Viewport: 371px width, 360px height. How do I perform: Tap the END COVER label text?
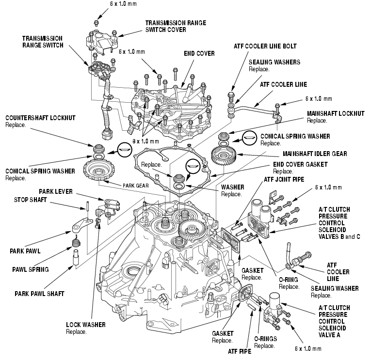(x=199, y=53)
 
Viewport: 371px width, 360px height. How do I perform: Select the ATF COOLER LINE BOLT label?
(x=264, y=46)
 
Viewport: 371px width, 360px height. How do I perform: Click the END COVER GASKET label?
(x=300, y=165)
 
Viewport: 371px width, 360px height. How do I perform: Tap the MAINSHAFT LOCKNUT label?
(x=335, y=113)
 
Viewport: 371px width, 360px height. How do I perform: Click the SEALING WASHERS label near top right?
(x=274, y=62)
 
